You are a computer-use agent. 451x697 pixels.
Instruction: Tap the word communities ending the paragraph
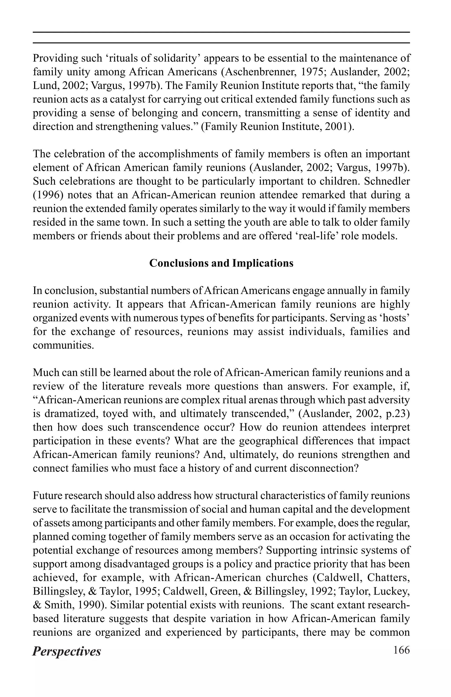(63, 345)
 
